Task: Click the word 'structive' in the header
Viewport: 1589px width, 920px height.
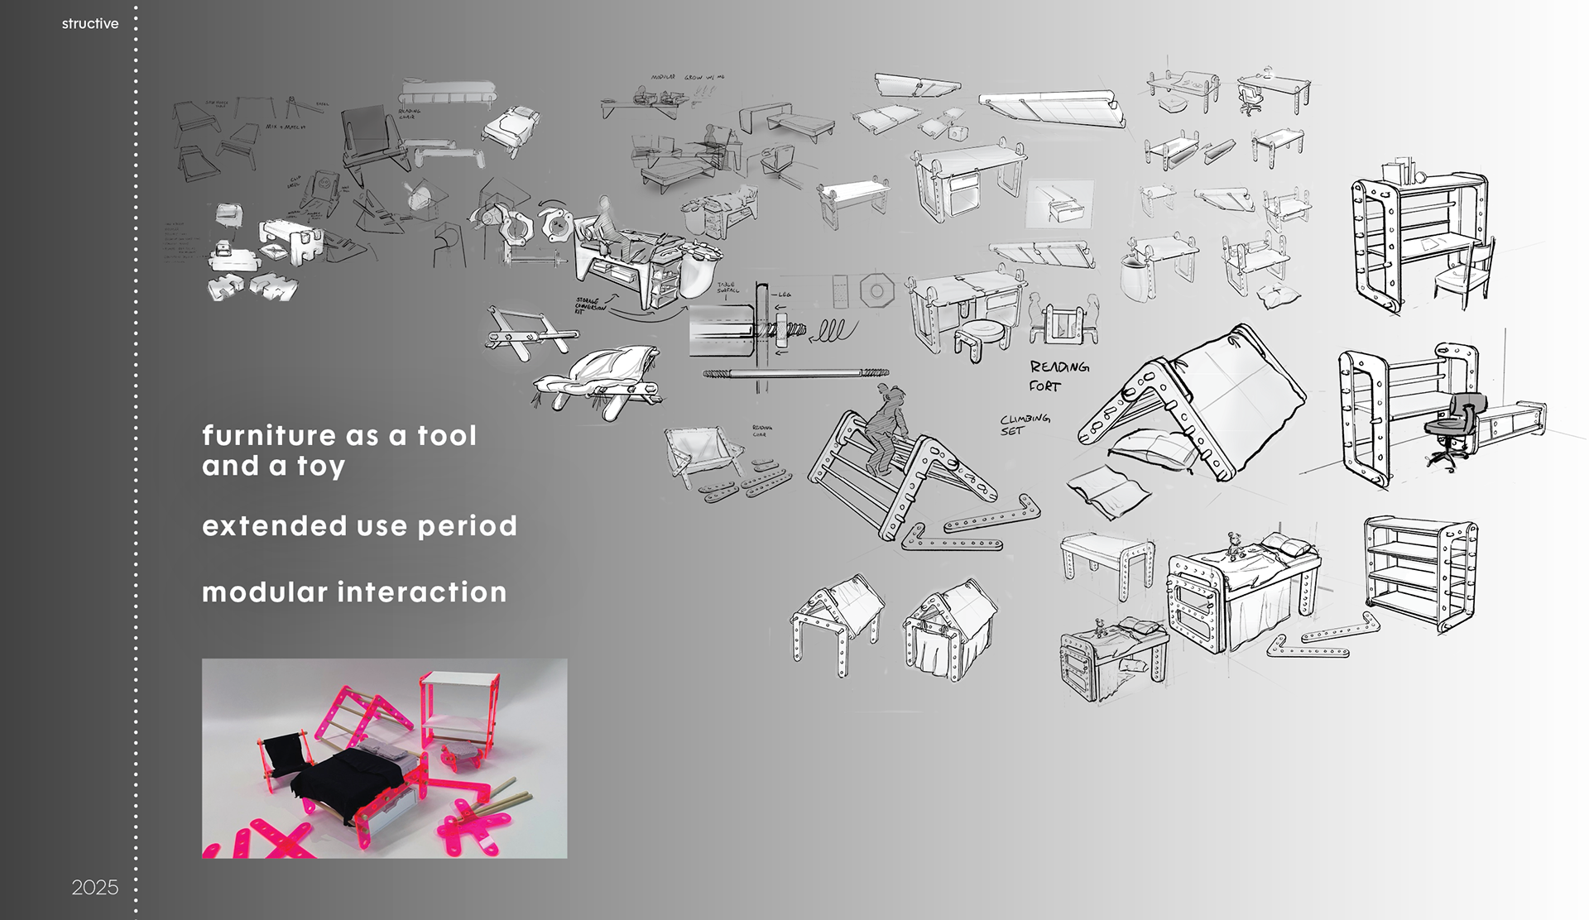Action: click(89, 24)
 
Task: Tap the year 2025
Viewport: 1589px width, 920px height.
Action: click(94, 888)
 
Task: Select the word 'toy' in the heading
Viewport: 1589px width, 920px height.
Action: click(321, 467)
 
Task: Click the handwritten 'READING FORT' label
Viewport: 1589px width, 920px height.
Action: click(1057, 376)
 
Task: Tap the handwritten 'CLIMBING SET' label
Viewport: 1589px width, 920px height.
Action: click(1024, 424)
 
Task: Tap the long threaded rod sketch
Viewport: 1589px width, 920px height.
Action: click(794, 374)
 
